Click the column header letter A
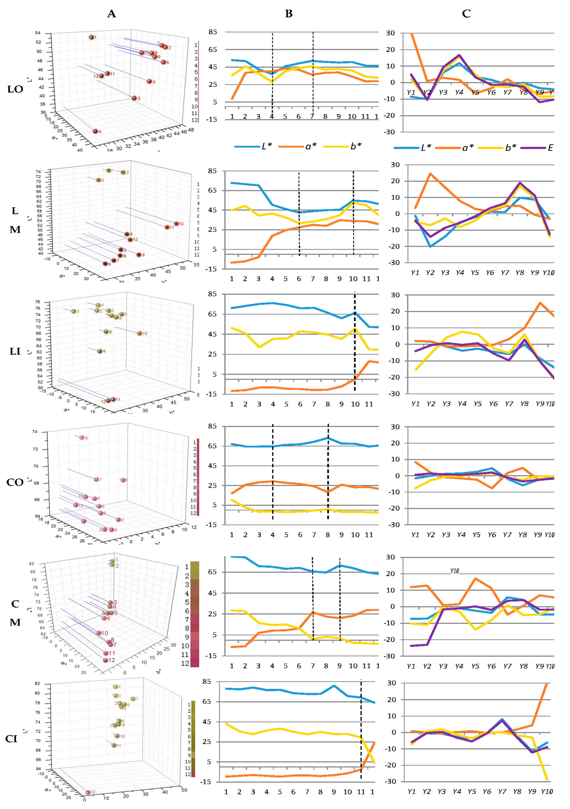(x=111, y=14)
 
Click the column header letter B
(x=289, y=14)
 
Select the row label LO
(x=15, y=89)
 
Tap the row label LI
(x=15, y=351)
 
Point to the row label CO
(x=15, y=482)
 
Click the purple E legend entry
(x=550, y=148)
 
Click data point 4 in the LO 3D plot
(x=95, y=131)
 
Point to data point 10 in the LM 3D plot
(x=176, y=223)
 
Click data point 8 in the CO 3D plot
(x=82, y=438)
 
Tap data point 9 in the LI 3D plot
(x=100, y=351)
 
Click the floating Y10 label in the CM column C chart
(x=455, y=571)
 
